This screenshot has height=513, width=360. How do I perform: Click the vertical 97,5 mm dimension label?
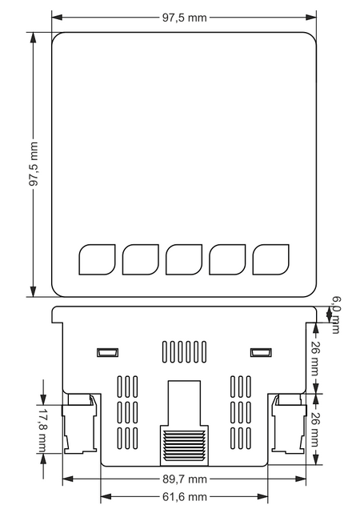34,165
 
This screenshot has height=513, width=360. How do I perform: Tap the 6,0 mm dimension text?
336,313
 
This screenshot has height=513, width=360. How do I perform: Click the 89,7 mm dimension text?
184,479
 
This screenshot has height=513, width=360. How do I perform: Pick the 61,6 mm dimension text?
184,497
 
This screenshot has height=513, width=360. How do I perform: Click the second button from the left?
140,259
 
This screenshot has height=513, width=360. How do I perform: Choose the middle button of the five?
183,259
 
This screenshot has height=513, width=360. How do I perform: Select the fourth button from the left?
226,259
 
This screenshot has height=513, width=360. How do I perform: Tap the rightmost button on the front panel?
270,259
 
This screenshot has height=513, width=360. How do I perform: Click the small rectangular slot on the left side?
107,352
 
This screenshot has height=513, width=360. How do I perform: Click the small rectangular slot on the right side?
260,352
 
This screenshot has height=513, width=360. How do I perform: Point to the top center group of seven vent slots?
184,352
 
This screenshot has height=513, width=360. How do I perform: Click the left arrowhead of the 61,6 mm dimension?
102,496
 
